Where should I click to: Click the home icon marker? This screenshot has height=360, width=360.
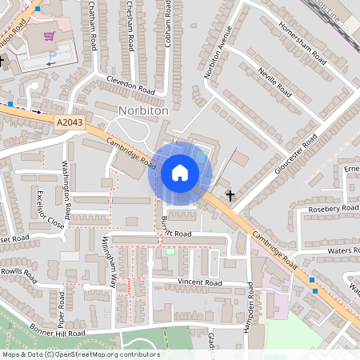point(179,173)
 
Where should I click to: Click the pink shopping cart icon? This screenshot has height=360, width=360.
point(50,36)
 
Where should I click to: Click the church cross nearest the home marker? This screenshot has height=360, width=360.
point(230,194)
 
